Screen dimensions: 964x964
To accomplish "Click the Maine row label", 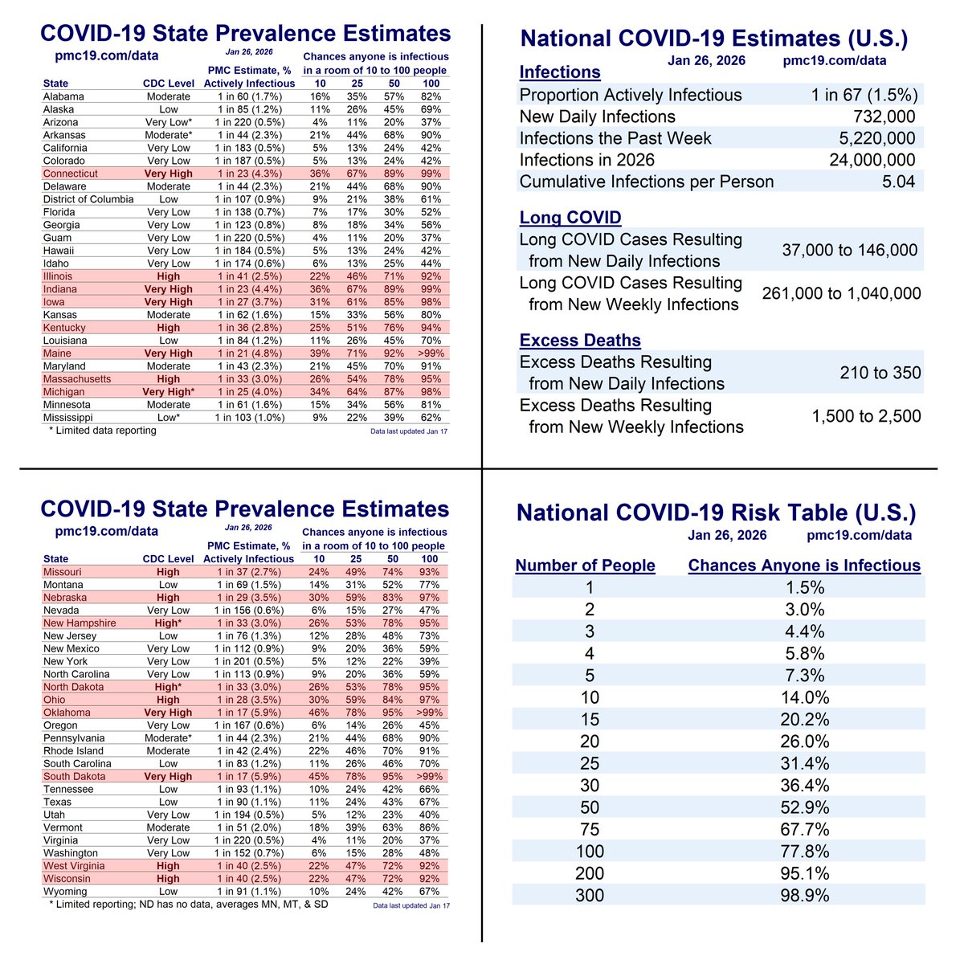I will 57,353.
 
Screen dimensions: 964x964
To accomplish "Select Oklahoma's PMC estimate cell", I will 248,713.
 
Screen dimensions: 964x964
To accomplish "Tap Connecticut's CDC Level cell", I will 168,174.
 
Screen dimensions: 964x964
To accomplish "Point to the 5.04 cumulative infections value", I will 897,182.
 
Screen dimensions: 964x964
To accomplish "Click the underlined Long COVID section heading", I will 570,218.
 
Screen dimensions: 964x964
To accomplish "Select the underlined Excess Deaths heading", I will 579,341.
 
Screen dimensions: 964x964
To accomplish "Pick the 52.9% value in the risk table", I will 804,807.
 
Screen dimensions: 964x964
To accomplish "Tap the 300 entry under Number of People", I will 590,895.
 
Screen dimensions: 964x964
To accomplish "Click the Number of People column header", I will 585,566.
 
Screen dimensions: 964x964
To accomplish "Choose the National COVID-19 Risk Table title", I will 716,513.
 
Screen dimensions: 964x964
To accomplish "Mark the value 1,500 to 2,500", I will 866,416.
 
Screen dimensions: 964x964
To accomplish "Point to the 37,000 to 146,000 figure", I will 849,251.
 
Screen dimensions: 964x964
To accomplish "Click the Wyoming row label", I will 64,892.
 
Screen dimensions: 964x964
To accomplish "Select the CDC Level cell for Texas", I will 168,802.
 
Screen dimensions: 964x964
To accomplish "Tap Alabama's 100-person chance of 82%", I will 431,96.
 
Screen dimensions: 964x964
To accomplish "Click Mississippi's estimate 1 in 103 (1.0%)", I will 248,418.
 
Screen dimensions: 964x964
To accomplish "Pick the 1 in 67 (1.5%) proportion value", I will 864,95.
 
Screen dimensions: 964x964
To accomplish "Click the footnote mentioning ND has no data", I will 187,905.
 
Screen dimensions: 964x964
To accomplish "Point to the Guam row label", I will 57,238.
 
